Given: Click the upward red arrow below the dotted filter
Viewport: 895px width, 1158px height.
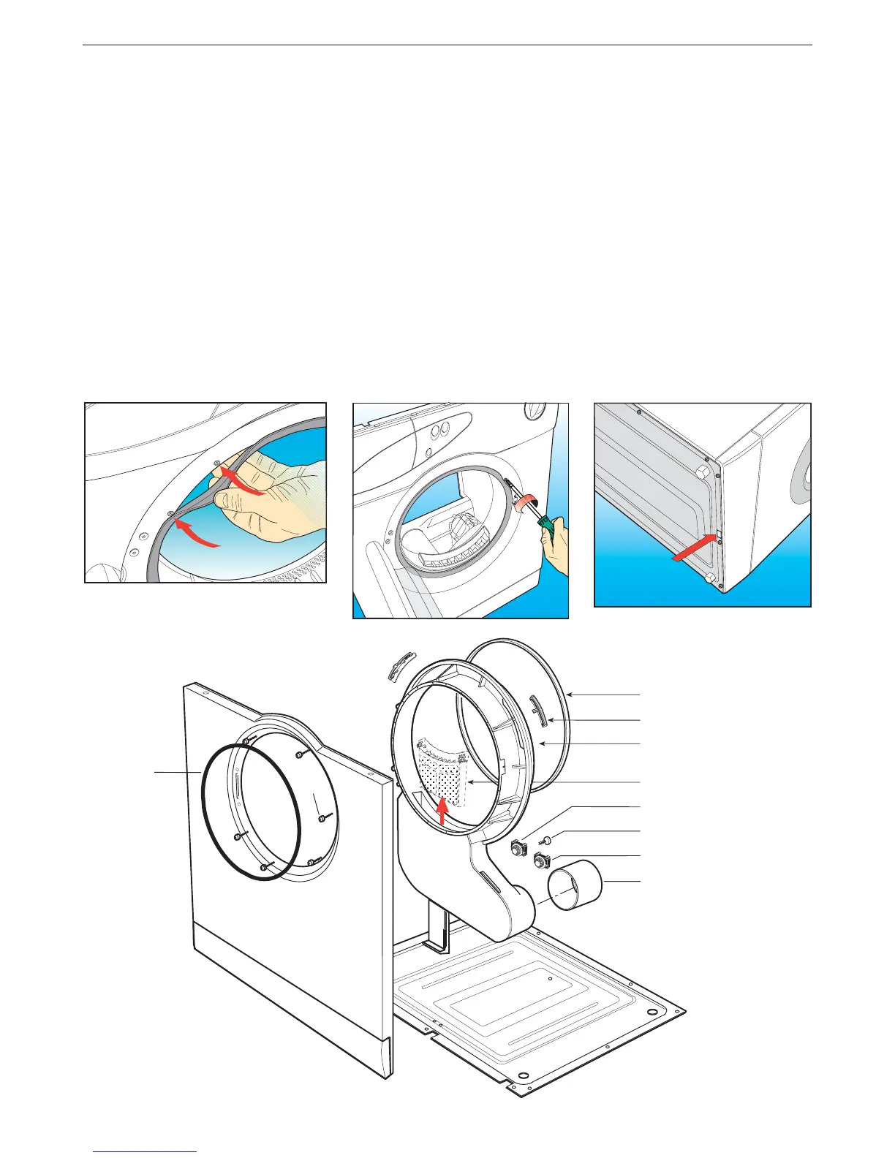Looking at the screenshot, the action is [x=441, y=812].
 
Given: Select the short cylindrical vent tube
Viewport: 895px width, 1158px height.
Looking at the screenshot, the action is [x=575, y=885].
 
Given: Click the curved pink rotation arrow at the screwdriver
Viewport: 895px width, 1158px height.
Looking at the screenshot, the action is [x=526, y=502].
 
